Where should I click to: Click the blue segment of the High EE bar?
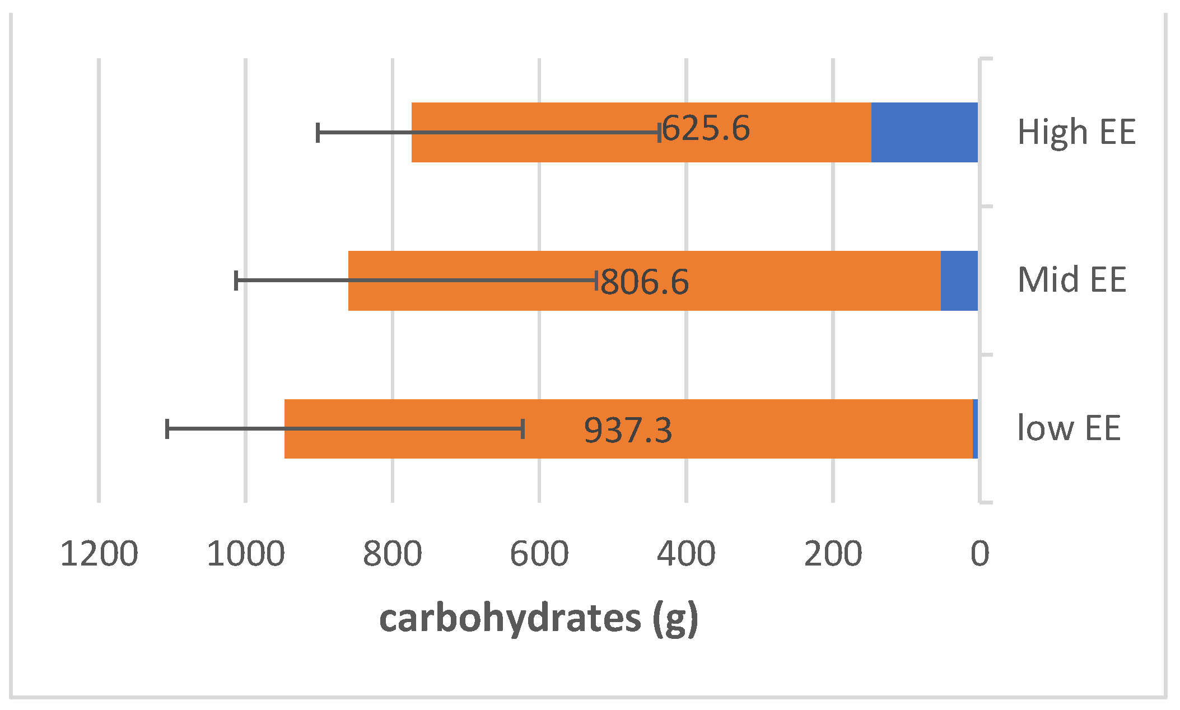[x=924, y=133]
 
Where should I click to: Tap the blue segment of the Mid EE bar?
[x=959, y=281]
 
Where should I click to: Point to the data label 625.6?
[x=706, y=128]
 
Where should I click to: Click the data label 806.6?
[x=645, y=282]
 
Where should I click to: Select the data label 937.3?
[x=628, y=430]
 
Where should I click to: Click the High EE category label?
[x=1076, y=133]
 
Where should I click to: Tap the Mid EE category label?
[x=1071, y=279]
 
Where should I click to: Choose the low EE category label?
[x=1069, y=428]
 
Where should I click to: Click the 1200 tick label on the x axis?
[x=99, y=554]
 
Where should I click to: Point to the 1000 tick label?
[x=246, y=554]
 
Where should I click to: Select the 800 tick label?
[x=393, y=554]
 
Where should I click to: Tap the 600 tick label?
[x=539, y=554]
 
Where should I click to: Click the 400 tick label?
[x=686, y=554]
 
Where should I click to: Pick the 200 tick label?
[x=833, y=554]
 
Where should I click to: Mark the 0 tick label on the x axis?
[x=980, y=554]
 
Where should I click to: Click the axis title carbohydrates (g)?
[x=539, y=619]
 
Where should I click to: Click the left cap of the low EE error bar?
[x=167, y=429]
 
